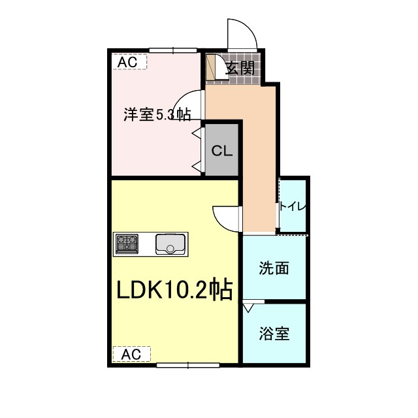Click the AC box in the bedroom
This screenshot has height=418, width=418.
tap(129, 61)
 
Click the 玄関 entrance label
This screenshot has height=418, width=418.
tap(240, 68)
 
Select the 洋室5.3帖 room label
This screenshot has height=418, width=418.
tap(157, 115)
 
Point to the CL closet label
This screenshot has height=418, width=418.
tap(221, 150)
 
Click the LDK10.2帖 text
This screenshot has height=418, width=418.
tap(174, 290)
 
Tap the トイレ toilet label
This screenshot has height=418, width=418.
tap(292, 207)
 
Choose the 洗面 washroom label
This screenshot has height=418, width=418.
tap(274, 268)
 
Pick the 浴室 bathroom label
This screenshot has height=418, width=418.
tap(274, 333)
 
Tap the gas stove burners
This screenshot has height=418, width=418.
tap(127, 244)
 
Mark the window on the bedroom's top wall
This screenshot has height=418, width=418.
tap(173, 50)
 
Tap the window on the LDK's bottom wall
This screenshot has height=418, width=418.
tap(186, 364)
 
